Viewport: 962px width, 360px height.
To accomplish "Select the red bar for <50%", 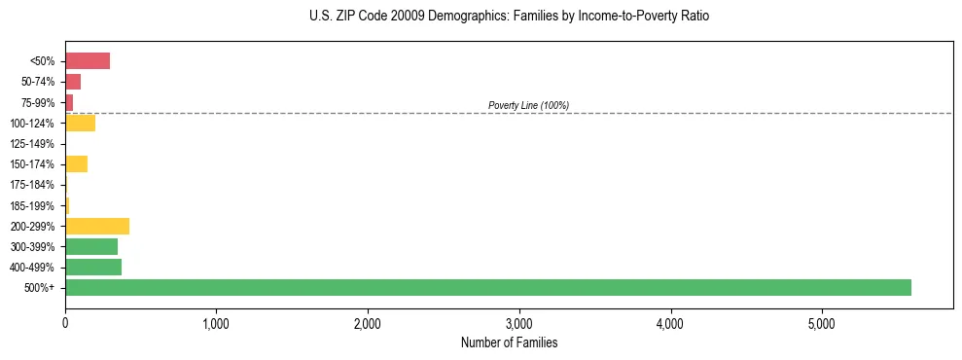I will tap(88, 61).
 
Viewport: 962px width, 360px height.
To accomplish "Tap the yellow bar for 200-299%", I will tap(97, 226).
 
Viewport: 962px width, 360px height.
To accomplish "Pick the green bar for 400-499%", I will tap(93, 267).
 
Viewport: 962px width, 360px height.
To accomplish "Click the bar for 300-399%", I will tap(91, 246).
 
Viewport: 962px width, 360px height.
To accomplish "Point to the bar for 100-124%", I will tap(80, 123).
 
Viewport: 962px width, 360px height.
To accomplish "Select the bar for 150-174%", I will tap(76, 163).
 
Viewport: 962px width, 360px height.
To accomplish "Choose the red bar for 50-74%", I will tap(73, 82).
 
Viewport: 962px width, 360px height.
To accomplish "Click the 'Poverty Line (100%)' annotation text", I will tap(528, 105).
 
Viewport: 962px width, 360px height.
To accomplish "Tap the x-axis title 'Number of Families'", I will tap(509, 342).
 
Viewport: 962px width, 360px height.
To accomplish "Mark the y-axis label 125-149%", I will tap(32, 144).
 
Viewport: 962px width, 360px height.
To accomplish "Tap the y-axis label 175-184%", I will tap(32, 185).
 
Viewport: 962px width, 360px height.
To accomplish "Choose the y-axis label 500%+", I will tap(41, 288).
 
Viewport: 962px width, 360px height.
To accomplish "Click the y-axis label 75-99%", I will tap(36, 103).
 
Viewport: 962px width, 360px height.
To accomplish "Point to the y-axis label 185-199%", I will tap(32, 206).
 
